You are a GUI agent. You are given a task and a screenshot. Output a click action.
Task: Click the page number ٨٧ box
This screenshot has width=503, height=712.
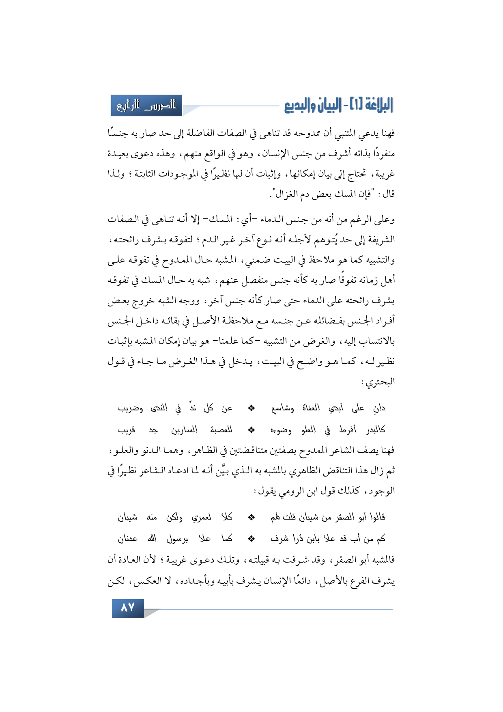point(128,608)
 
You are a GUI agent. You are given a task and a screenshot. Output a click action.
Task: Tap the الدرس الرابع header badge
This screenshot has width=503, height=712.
point(146,106)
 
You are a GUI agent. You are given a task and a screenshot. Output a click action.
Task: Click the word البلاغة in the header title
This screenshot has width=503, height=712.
point(377,105)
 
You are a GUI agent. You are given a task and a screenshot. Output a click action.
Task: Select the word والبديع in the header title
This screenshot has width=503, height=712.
point(298,106)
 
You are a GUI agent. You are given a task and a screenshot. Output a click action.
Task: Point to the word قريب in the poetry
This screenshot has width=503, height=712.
point(127,430)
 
